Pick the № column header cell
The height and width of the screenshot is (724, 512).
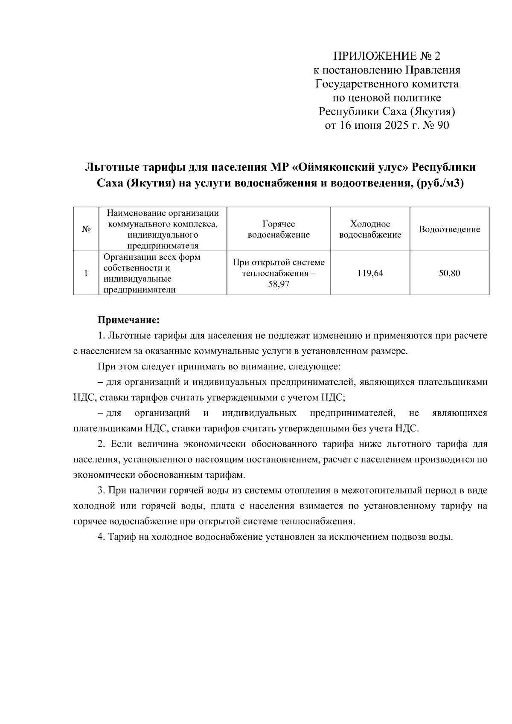(x=86, y=229)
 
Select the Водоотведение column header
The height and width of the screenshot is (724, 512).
(x=449, y=229)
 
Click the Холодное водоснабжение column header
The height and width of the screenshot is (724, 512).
(x=370, y=229)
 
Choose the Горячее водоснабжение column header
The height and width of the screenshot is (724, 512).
(x=279, y=229)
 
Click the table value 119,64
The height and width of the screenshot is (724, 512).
(x=370, y=273)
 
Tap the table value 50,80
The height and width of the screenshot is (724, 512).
(x=449, y=273)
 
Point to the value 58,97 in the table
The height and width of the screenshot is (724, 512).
(x=279, y=284)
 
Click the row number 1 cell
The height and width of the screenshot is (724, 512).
(x=86, y=273)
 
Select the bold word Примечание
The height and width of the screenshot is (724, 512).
(x=128, y=320)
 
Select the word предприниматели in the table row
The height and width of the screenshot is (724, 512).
(x=140, y=290)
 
